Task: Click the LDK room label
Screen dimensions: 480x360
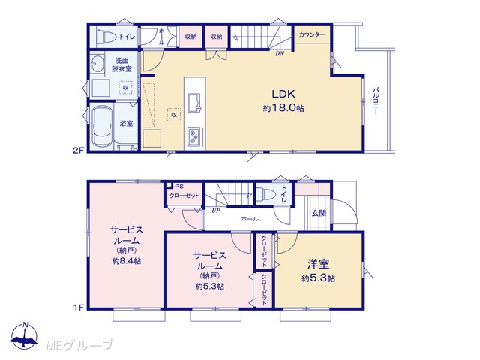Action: [x=283, y=94]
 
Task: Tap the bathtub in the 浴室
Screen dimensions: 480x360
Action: [x=102, y=126]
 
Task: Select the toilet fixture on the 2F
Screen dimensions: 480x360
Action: [x=106, y=37]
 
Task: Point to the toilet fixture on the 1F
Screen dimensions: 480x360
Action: [x=265, y=194]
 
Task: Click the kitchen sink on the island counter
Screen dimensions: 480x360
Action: [x=194, y=102]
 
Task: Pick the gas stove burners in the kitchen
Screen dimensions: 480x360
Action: [x=193, y=136]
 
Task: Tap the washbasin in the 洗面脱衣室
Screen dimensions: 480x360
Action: [x=98, y=64]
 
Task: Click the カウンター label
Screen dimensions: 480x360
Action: [x=312, y=34]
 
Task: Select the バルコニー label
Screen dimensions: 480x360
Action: [x=376, y=101]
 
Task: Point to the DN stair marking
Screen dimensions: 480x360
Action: [x=280, y=54]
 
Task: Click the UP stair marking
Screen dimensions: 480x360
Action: [x=216, y=211]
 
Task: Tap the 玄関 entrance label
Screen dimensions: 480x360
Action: [x=319, y=213]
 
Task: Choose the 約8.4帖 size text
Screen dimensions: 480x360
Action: [x=127, y=261]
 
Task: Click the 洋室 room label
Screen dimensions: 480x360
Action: [x=318, y=264]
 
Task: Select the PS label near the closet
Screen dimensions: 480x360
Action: [x=179, y=187]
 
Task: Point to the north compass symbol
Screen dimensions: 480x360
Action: [x=24, y=335]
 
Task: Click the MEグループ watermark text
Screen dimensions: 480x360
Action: [x=79, y=346]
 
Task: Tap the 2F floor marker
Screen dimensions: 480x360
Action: [x=78, y=151]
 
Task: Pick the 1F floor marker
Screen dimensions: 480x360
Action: [x=78, y=307]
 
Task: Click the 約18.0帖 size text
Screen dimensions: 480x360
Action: [x=283, y=108]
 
